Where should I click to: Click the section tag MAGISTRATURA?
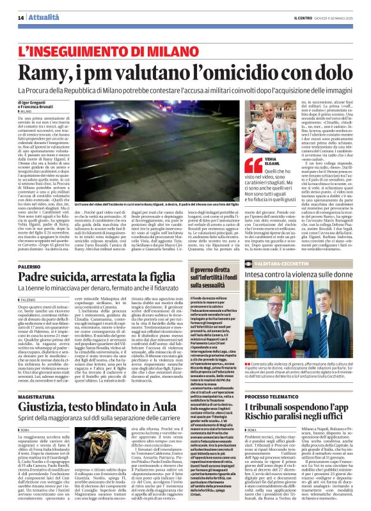point(36,379)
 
